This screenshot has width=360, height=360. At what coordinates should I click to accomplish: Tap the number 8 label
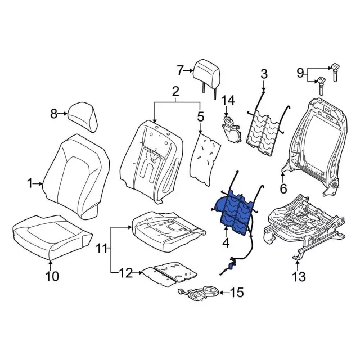[54, 114]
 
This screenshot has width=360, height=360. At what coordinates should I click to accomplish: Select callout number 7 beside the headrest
[180, 70]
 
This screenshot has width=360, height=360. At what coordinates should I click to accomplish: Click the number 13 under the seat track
[298, 276]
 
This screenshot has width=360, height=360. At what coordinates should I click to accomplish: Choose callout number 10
[51, 276]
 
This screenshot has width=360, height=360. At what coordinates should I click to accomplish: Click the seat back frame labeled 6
[312, 141]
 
